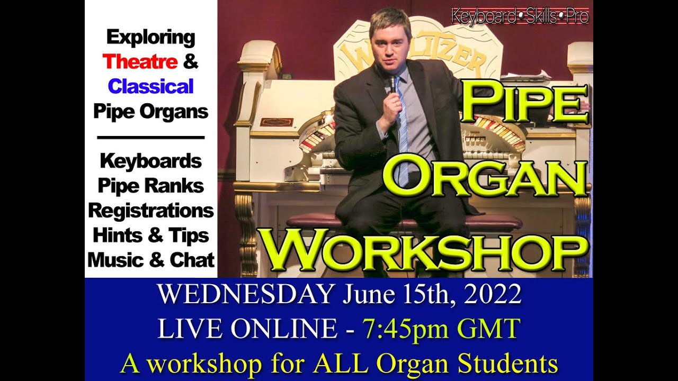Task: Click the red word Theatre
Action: (140, 62)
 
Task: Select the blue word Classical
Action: (151, 86)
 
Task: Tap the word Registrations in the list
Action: (151, 211)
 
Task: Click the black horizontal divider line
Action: (151, 138)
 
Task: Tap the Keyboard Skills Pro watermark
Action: (520, 16)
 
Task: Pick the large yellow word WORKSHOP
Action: (426, 249)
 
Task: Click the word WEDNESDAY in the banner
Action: (246, 295)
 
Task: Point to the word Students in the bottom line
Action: (508, 364)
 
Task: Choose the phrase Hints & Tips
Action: (151, 235)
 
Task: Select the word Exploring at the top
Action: (151, 38)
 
